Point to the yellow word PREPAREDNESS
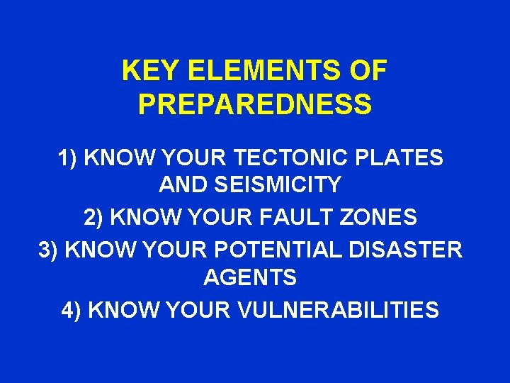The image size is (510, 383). [x=255, y=104]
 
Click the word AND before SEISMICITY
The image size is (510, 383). [x=182, y=185]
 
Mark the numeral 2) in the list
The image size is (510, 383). [x=93, y=218]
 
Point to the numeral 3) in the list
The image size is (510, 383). [x=48, y=250]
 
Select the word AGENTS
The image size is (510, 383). [x=249, y=277]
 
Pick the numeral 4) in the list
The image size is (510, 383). [x=72, y=310]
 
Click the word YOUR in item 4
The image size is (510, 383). [x=196, y=310]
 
